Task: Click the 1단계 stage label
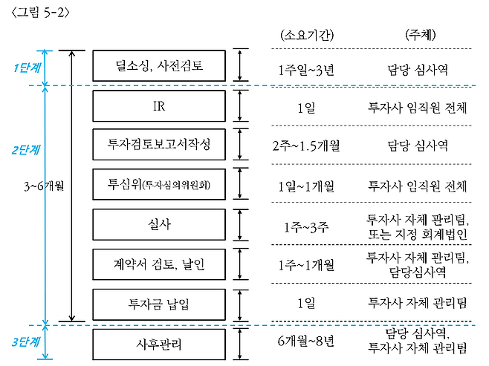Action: point(27,68)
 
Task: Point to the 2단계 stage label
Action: point(27,149)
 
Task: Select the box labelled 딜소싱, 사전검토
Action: point(160,65)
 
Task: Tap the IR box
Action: point(160,105)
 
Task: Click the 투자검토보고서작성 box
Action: point(160,145)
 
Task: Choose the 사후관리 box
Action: point(160,344)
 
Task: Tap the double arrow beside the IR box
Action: point(240,105)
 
